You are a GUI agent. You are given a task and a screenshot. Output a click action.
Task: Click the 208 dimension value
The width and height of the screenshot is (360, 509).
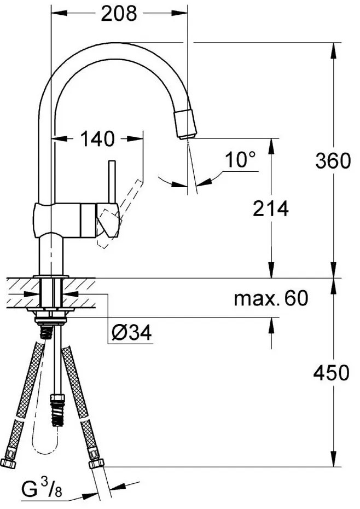119,13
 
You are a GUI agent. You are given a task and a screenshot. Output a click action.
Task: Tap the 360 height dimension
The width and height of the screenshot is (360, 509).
332,161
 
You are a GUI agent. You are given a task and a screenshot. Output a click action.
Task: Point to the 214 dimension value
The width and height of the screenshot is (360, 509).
270,208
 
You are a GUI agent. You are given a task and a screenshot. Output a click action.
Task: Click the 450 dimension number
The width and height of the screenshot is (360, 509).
331,373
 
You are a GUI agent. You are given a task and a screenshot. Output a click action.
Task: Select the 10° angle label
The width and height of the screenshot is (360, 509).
240,160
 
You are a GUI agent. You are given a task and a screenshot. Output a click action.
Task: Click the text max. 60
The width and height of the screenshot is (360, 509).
271,298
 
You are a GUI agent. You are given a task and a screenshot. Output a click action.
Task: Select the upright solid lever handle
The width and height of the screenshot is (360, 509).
112,181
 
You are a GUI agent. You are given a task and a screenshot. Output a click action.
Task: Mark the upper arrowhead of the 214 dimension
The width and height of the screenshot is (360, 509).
270,143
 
